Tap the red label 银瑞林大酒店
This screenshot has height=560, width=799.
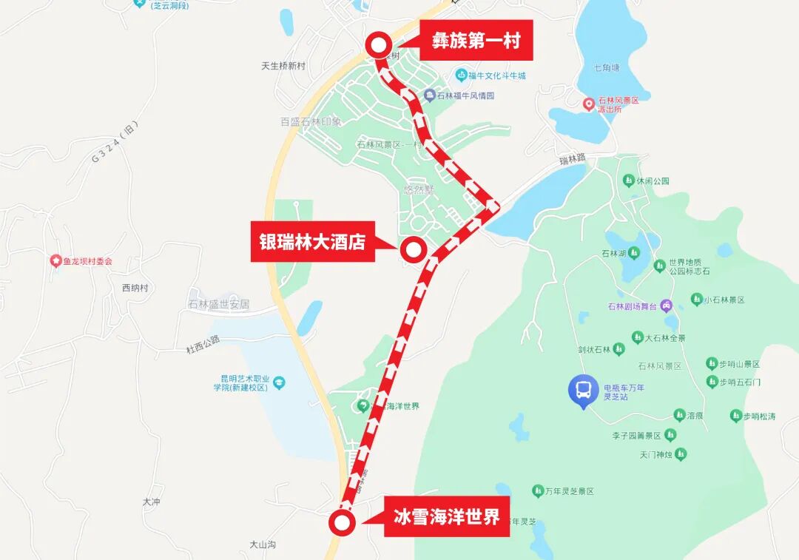[x=312, y=241]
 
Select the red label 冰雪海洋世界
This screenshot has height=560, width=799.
[x=446, y=516]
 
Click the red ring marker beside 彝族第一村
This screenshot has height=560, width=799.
[x=379, y=46]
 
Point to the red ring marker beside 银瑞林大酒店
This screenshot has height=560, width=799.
[x=413, y=250]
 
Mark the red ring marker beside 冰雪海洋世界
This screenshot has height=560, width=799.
[x=342, y=523]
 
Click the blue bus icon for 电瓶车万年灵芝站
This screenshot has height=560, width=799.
[x=584, y=389]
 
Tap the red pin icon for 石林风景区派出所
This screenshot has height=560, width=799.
[x=589, y=104]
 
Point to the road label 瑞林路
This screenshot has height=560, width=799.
[x=573, y=158]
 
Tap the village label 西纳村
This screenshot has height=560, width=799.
[x=135, y=288]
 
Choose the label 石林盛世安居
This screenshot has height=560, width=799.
[x=218, y=304]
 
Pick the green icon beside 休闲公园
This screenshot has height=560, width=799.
[x=628, y=181]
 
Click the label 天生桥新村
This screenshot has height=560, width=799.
[x=283, y=66]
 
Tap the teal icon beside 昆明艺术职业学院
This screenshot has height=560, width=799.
[x=279, y=382]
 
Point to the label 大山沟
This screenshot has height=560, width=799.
[x=262, y=544]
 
